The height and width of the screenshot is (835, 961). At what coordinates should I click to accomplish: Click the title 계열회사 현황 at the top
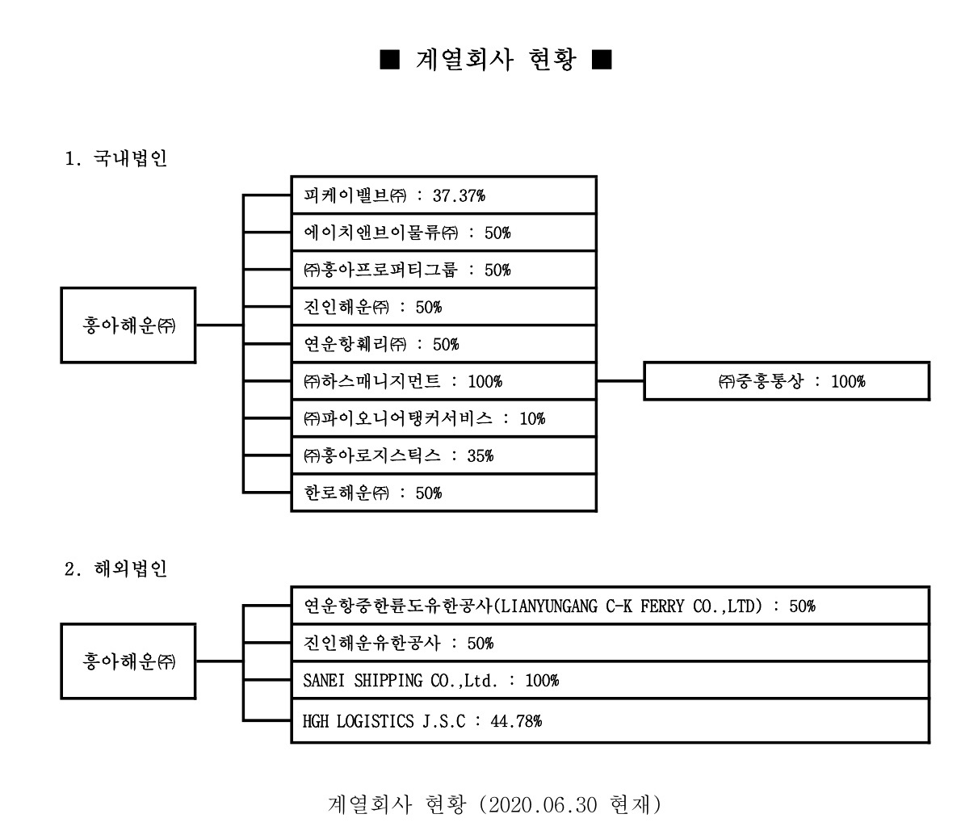coord(495,61)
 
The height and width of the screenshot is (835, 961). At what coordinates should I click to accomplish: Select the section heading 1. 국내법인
coord(115,158)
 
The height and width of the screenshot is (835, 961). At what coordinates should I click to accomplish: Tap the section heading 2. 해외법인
coord(115,569)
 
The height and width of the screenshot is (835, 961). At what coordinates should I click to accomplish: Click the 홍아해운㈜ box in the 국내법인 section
coord(128,325)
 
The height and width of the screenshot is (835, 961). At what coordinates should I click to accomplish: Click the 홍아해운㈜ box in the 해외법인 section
coord(128,661)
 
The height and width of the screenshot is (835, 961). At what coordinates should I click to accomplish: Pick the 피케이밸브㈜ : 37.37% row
coord(443,195)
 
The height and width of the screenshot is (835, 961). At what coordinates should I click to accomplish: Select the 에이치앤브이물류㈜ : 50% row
coord(443,233)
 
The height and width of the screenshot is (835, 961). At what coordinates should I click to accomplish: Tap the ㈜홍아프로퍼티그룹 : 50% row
coord(443,270)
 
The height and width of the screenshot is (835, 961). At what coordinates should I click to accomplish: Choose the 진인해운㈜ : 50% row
coord(443,307)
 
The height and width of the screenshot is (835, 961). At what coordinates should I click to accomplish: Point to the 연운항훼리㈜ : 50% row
coord(443,344)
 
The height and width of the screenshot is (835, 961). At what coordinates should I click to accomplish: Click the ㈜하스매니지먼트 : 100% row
coord(443,381)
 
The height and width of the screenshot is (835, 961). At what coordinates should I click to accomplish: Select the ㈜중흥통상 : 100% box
coord(786,381)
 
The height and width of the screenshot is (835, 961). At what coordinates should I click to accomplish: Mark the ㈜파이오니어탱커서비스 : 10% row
coord(443,418)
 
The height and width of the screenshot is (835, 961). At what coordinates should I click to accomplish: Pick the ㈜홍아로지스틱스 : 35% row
coord(443,455)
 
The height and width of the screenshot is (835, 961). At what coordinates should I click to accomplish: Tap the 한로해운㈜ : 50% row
coord(443,493)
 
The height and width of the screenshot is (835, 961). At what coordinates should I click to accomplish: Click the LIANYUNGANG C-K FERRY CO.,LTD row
coord(609,606)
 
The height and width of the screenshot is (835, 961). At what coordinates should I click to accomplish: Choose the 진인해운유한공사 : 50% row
coord(609,643)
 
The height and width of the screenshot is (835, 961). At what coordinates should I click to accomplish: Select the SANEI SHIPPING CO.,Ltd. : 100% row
coord(609,680)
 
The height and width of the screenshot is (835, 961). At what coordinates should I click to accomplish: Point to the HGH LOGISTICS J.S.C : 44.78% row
coord(609,721)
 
